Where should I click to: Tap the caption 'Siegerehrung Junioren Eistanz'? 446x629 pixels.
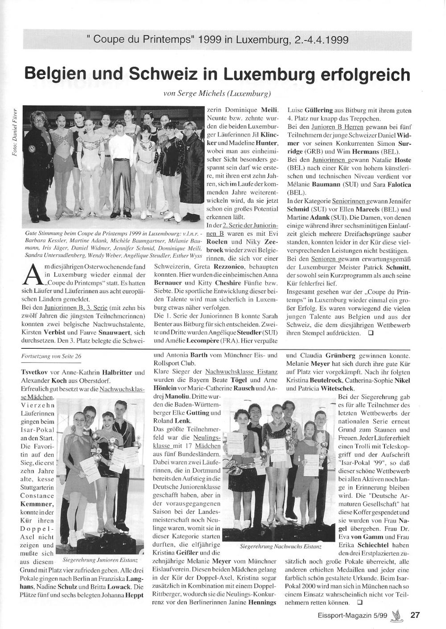100,559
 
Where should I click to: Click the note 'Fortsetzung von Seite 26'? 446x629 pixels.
52,356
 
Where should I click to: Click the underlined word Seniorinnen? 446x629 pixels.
350,201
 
